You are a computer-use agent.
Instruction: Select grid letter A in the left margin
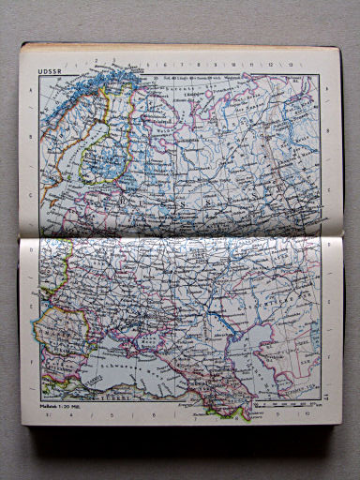[32, 90]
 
